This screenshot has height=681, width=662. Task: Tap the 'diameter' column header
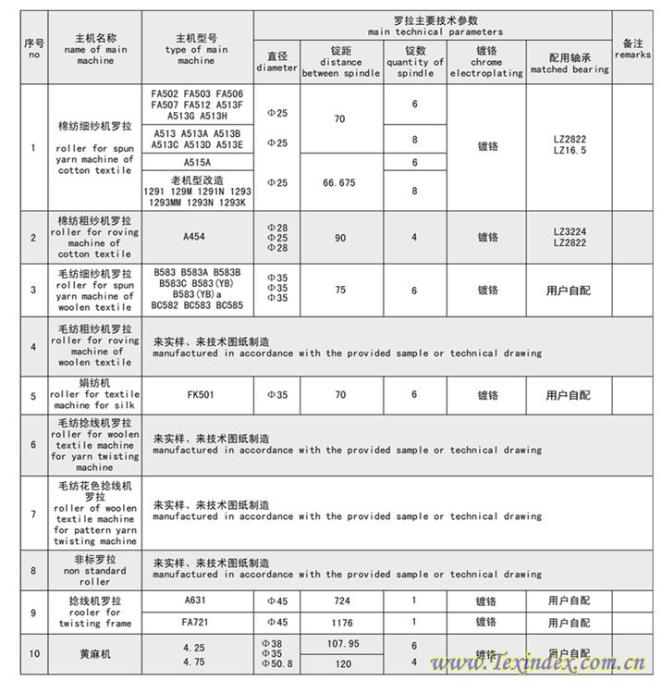277,61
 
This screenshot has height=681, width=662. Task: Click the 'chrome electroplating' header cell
487,61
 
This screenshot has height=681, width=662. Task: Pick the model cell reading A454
194,237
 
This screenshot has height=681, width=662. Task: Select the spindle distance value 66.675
340,183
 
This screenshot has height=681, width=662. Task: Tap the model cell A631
195,601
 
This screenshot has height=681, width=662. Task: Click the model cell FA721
195,623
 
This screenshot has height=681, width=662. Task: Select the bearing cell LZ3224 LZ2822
570,237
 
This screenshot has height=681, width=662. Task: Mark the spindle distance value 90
340,237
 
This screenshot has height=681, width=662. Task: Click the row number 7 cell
34,514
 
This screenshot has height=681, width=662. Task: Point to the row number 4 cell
34,346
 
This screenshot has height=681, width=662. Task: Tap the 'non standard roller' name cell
94,571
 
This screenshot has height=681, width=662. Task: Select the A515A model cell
195,162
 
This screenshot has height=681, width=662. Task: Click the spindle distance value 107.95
343,644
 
